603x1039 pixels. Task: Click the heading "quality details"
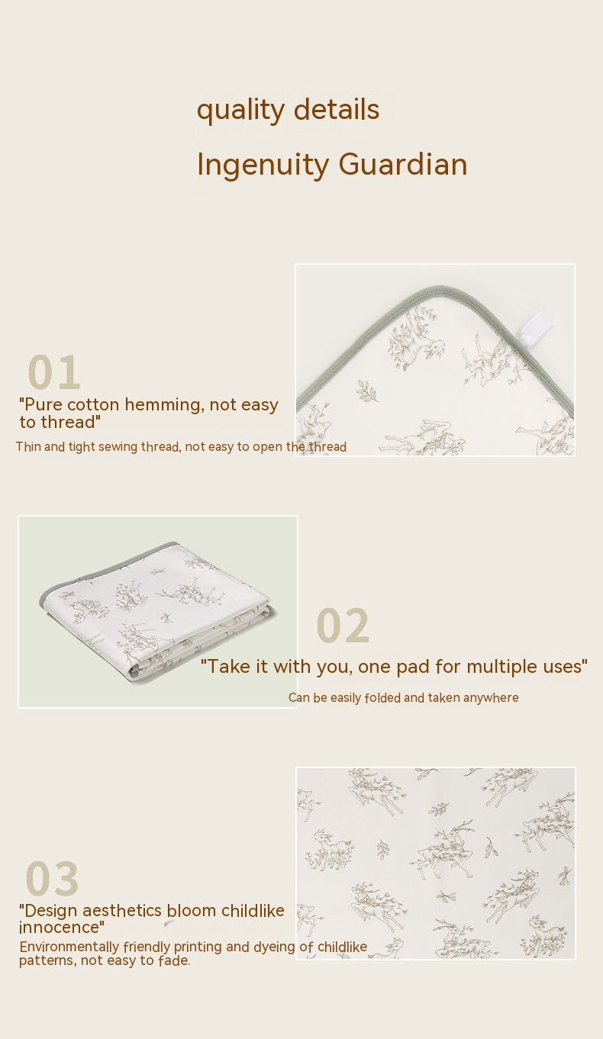coord(288,110)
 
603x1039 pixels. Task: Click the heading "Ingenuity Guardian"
coord(331,165)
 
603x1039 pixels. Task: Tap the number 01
coord(53,373)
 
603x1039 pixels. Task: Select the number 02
coord(343,626)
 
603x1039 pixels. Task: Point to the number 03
coord(52,879)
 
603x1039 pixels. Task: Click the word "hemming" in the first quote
coord(160,405)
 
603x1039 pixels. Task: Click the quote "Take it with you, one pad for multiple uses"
coord(394,667)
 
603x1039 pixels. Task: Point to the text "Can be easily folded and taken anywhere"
coord(403,698)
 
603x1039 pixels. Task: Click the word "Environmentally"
coord(69,947)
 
